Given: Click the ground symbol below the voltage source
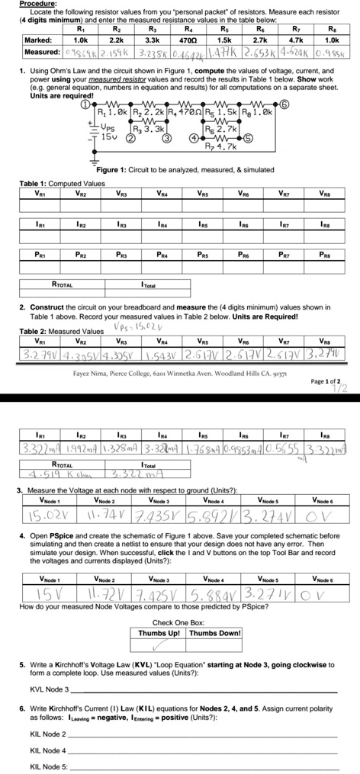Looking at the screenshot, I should pos(95,159).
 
